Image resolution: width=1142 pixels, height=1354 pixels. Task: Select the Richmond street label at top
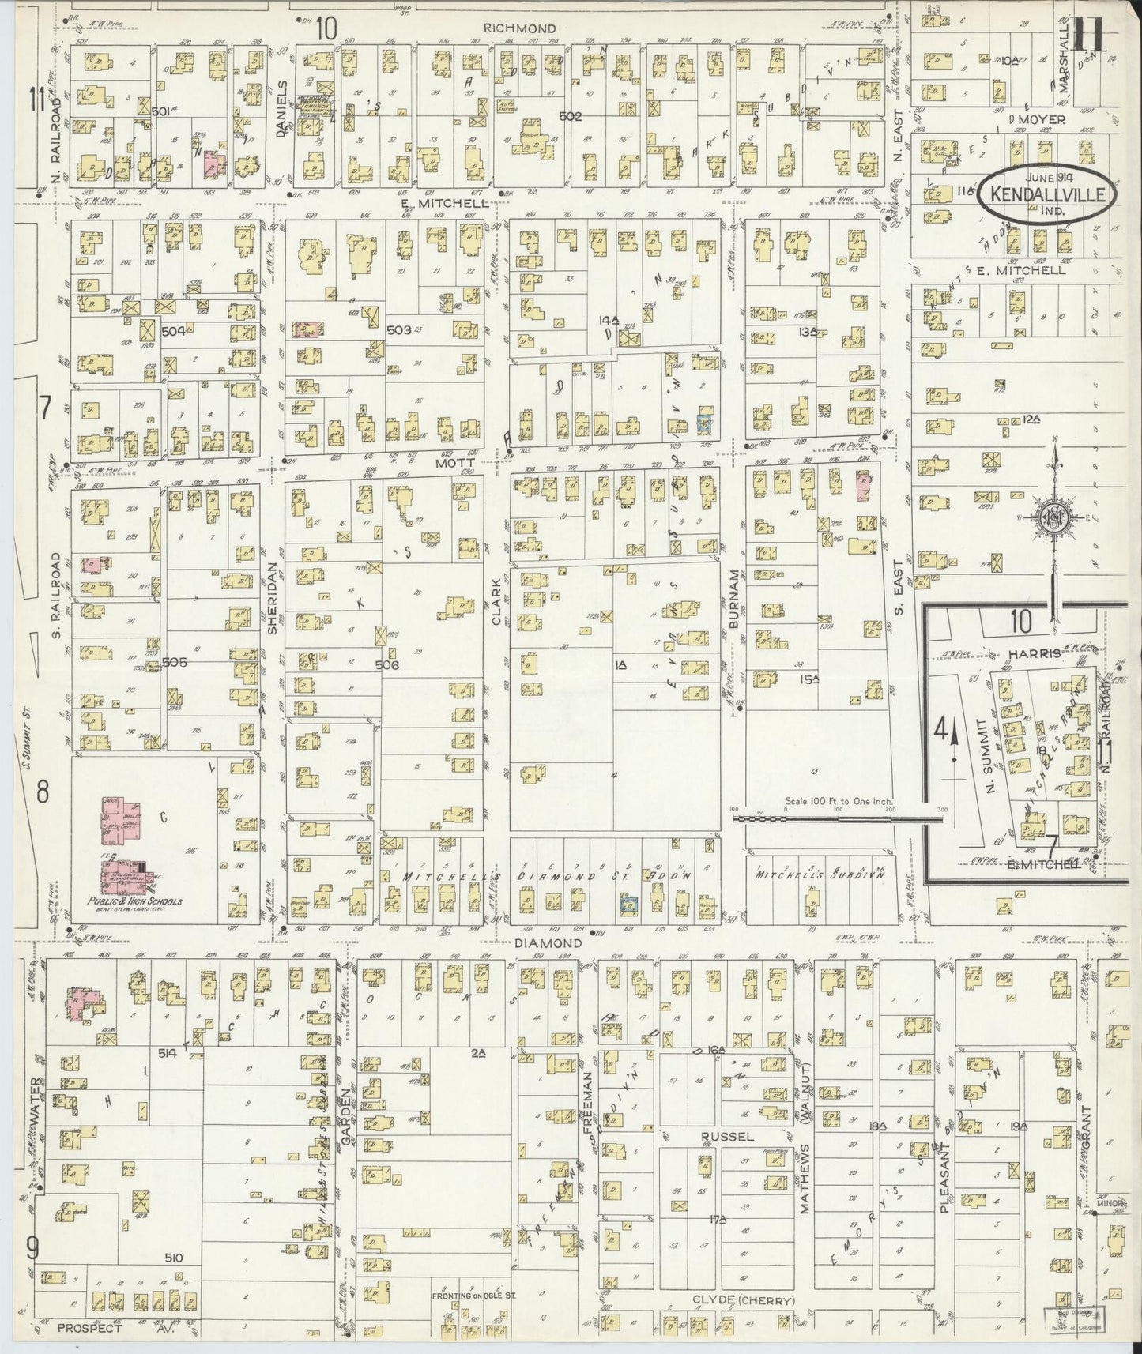coord(519,28)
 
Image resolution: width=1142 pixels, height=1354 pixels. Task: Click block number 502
coord(570,116)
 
